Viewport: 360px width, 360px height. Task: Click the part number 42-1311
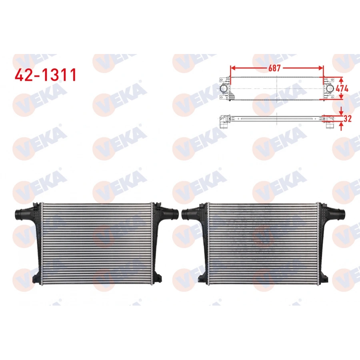coord(45,75)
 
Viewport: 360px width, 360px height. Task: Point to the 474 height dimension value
coord(342,89)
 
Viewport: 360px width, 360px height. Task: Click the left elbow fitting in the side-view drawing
coord(223,122)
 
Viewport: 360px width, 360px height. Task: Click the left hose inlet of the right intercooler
coord(187,215)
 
